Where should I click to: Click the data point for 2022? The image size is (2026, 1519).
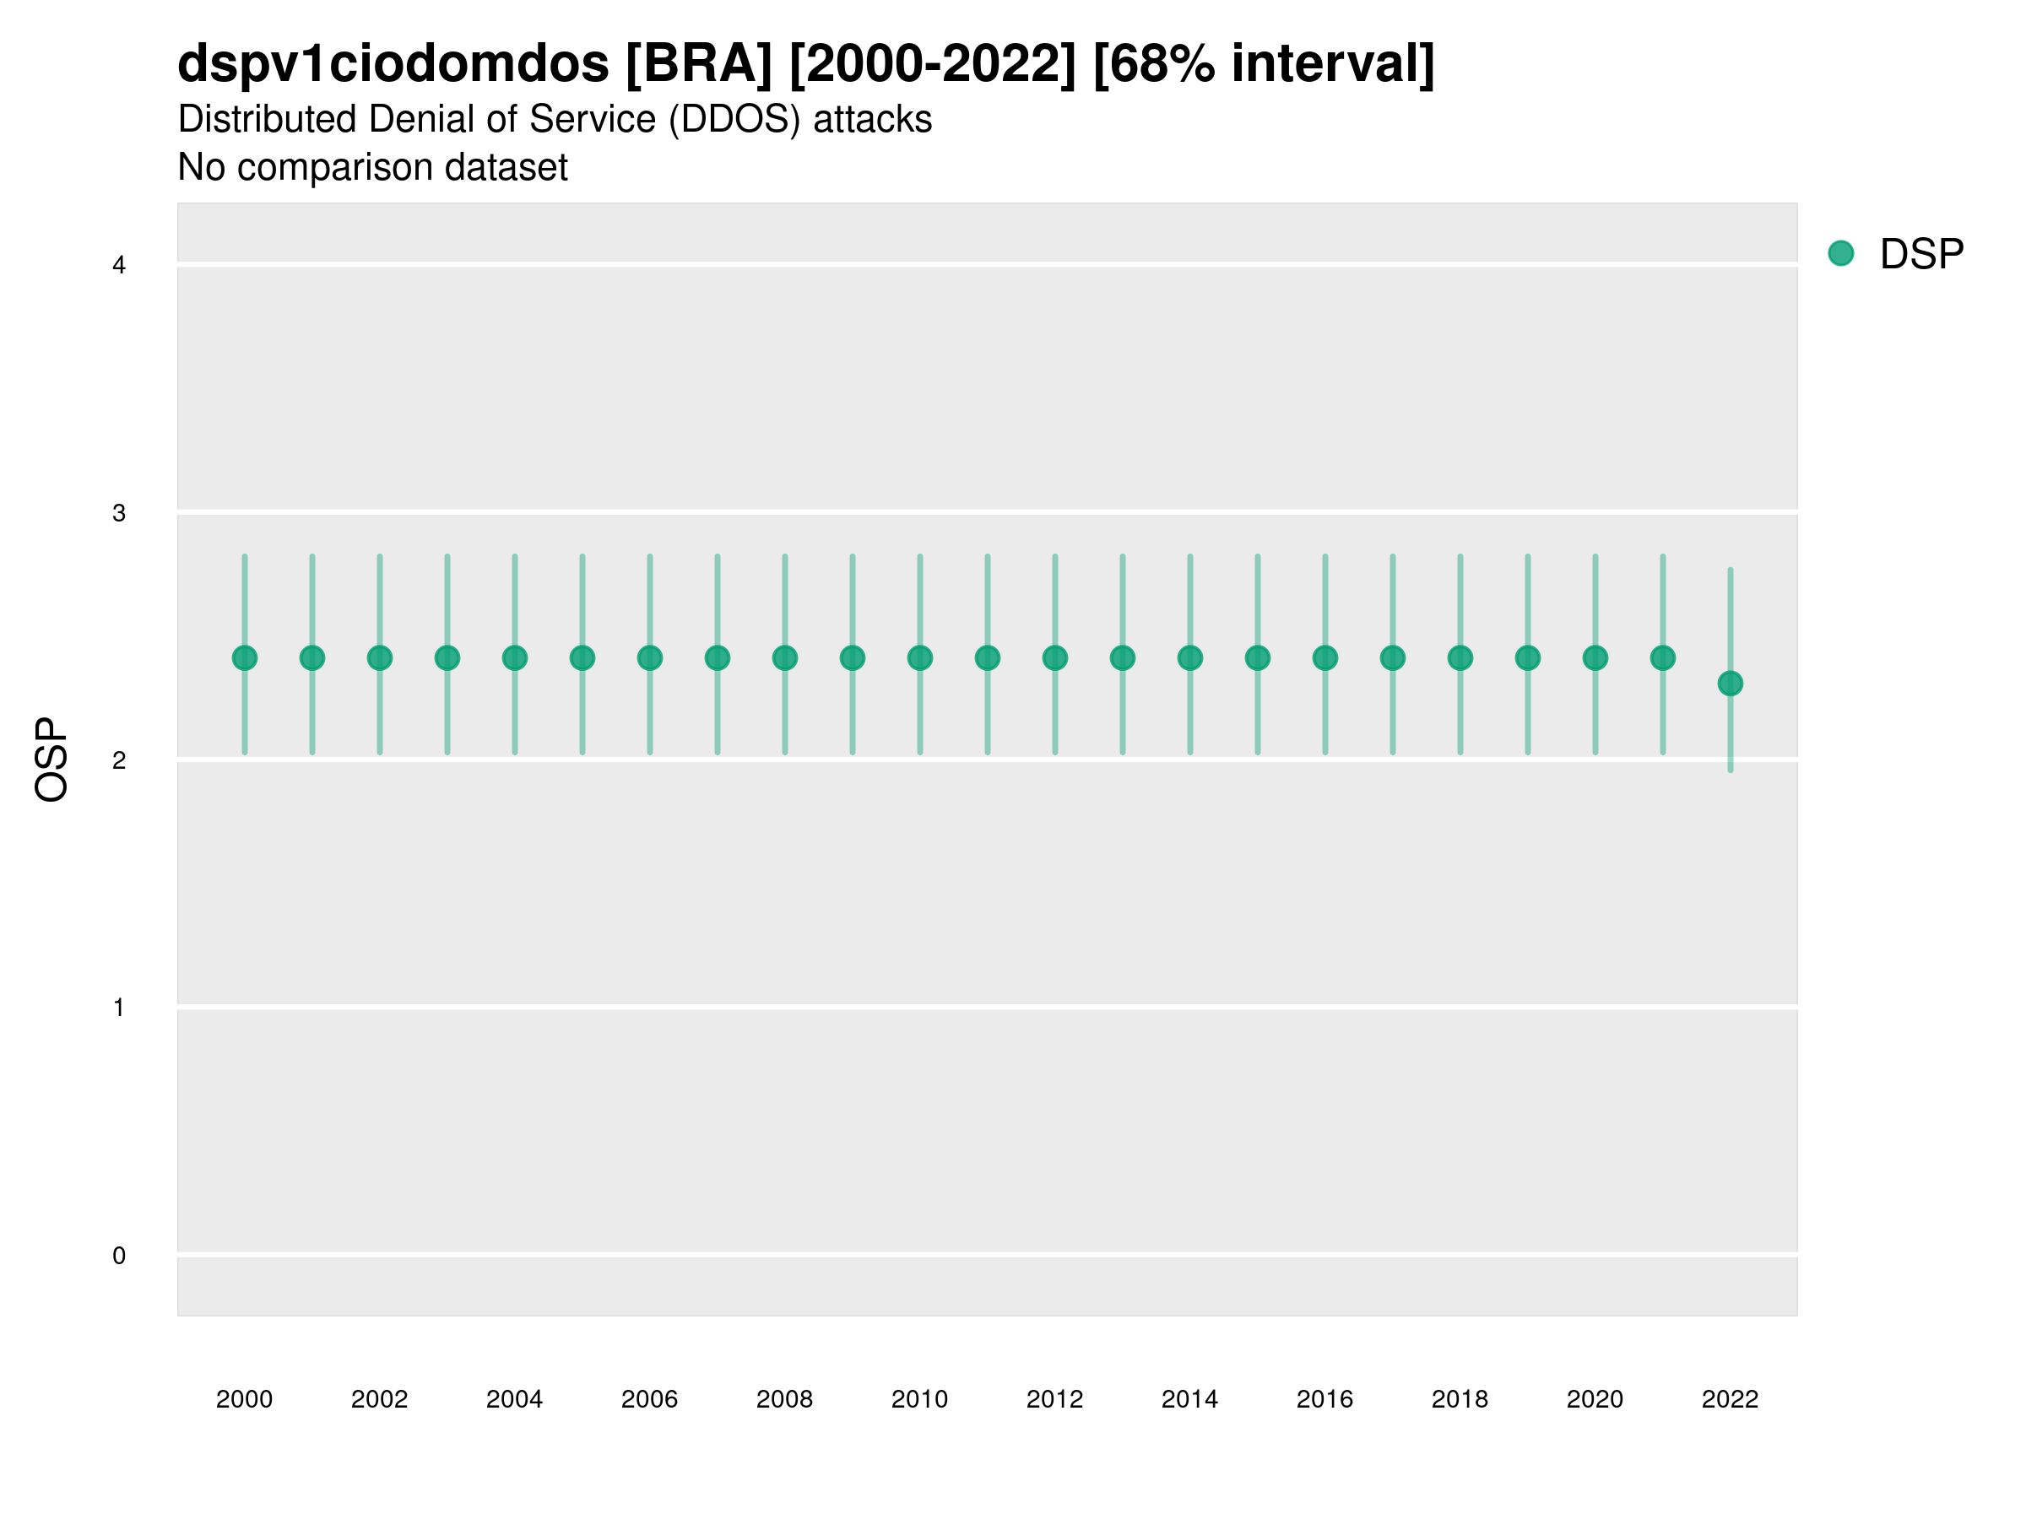coord(1731,683)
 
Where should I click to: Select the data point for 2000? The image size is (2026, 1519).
coord(245,657)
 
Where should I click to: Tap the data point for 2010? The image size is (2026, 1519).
coord(919,657)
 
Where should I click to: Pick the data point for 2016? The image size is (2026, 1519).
coord(1325,657)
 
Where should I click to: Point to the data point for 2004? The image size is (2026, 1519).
coord(515,657)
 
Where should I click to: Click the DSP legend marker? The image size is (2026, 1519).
coord(1840,254)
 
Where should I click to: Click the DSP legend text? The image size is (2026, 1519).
coord(1921,255)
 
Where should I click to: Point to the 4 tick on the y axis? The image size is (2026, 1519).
coord(119,266)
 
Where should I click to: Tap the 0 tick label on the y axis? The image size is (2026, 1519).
coord(119,1256)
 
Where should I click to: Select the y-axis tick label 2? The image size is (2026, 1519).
coord(119,760)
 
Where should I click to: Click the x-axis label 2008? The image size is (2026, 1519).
coord(785,1399)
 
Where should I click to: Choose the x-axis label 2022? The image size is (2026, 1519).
coord(1731,1399)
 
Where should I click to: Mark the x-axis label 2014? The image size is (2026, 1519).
coord(1189,1399)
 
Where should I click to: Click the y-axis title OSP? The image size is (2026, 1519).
coord(51,760)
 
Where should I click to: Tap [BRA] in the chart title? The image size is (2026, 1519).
coord(699,64)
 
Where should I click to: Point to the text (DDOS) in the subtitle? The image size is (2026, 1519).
coord(736,120)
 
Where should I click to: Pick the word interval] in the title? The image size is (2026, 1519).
coord(1333,64)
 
